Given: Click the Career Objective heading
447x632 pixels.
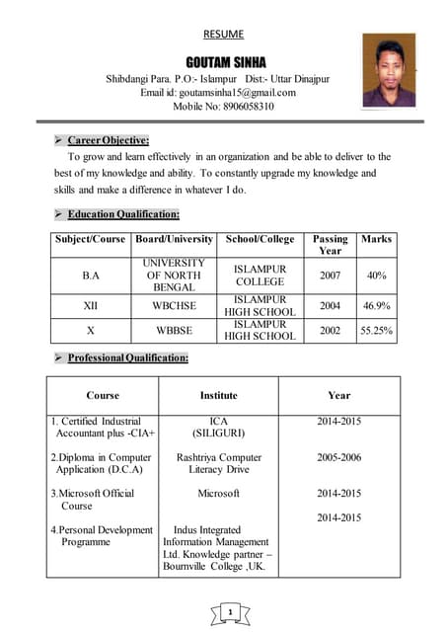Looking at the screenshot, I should pyautogui.click(x=109, y=140).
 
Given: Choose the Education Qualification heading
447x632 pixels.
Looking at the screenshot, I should pyautogui.click(x=123, y=214).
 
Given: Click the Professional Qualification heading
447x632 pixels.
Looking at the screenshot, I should pyautogui.click(x=128, y=357).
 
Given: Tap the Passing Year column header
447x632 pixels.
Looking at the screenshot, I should pyautogui.click(x=331, y=245).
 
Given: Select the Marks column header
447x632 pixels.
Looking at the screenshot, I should pyautogui.click(x=377, y=239).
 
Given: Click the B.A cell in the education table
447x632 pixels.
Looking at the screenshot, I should pyautogui.click(x=91, y=276).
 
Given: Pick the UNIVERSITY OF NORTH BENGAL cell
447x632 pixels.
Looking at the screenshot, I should pyautogui.click(x=174, y=276).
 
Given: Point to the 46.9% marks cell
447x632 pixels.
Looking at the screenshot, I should pyautogui.click(x=377, y=306).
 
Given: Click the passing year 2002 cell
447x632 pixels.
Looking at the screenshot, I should pyautogui.click(x=331, y=331).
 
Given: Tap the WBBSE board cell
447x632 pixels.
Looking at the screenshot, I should pyautogui.click(x=174, y=331).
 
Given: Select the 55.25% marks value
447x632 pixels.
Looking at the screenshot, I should pyautogui.click(x=377, y=331).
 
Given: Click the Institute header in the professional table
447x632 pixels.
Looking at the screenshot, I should pyautogui.click(x=218, y=395).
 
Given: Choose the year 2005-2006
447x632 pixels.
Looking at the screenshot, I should pyautogui.click(x=338, y=458).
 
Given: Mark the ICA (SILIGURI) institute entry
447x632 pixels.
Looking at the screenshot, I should pyautogui.click(x=219, y=428).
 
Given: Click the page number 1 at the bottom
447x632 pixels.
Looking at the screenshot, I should pyautogui.click(x=228, y=614).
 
